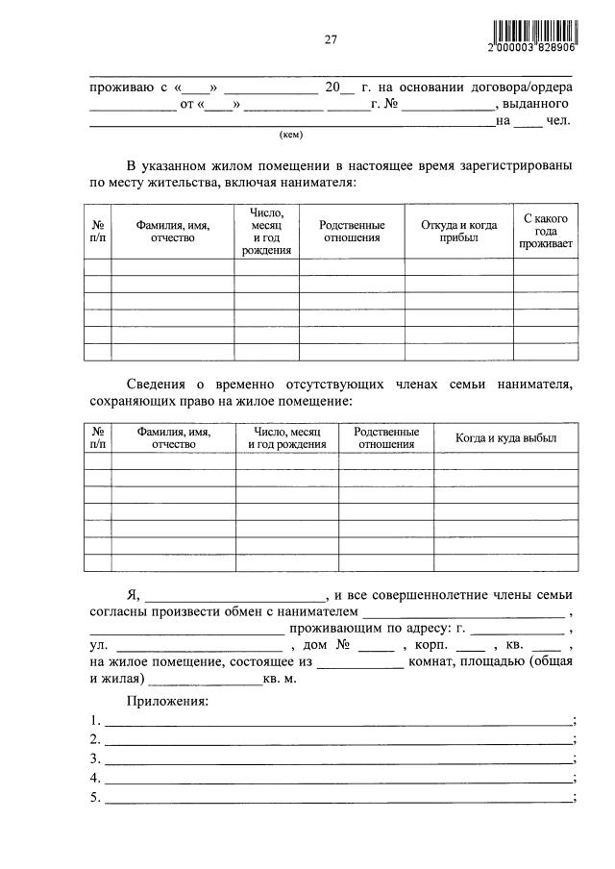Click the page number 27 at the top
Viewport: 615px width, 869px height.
pyautogui.click(x=330, y=39)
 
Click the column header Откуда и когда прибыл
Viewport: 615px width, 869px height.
pyautogui.click(x=458, y=232)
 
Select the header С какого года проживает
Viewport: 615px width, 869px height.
pyautogui.click(x=546, y=232)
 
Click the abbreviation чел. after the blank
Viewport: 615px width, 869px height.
pyautogui.click(x=559, y=120)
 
